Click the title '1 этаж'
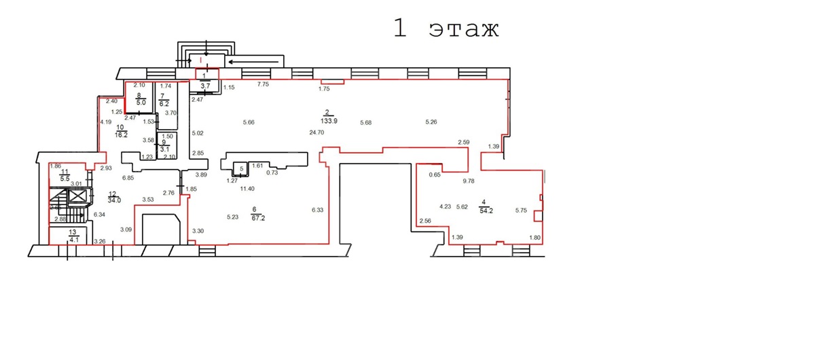click(446, 28)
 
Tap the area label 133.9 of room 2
click(329, 121)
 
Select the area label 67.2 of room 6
click(258, 218)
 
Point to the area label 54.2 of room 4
click(486, 211)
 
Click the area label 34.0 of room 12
click(114, 200)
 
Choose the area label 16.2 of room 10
click(121, 135)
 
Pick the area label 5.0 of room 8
click(141, 103)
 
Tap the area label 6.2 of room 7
click(164, 104)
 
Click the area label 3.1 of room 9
click(165, 149)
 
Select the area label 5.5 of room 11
click(65, 179)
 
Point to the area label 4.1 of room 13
click(74, 240)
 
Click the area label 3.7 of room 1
click(205, 86)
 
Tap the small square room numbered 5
click(240, 169)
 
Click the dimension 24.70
click(316, 132)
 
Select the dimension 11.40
click(247, 189)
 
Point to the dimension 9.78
click(469, 181)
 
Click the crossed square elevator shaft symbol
click(77, 196)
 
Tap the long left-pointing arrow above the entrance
click(254, 62)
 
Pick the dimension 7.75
click(263, 84)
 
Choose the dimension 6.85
click(128, 178)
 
